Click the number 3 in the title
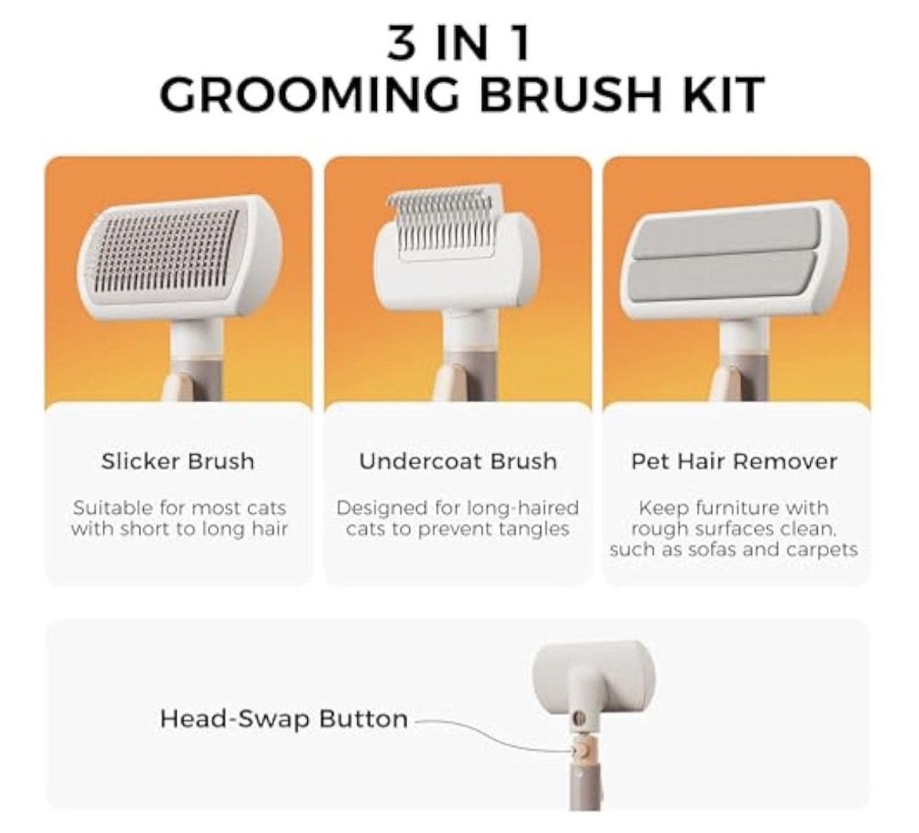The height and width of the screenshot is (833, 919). tap(402, 43)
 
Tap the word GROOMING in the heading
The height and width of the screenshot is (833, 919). tap(306, 94)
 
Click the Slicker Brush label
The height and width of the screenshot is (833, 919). tap(178, 461)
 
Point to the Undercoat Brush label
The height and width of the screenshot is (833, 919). tap(458, 461)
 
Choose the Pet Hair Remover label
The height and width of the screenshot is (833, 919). tap(733, 461)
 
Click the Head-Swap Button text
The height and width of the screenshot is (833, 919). tap(283, 719)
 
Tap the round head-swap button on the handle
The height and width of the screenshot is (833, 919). tap(582, 749)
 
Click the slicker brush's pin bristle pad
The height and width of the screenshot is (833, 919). tap(168, 249)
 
